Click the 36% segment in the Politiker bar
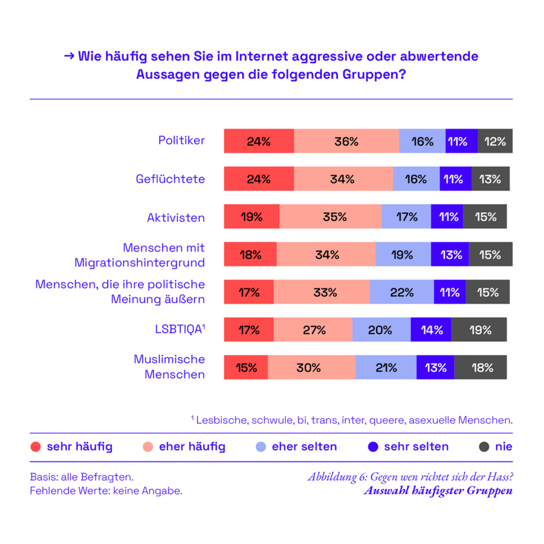tap(346, 141)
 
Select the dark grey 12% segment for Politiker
tap(495, 141)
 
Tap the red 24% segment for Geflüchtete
tap(259, 179)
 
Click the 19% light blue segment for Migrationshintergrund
tap(403, 254)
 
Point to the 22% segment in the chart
tap(401, 292)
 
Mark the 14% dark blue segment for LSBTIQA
tap(431, 330)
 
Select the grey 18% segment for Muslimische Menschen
tap(481, 368)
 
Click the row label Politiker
tap(181, 141)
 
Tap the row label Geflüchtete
tap(170, 179)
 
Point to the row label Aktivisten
tap(176, 217)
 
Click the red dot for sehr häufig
tap(36, 447)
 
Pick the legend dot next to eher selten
tap(261, 447)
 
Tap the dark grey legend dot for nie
tap(484, 447)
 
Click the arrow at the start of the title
tap(69, 56)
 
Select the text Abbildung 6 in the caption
tap(335, 477)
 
